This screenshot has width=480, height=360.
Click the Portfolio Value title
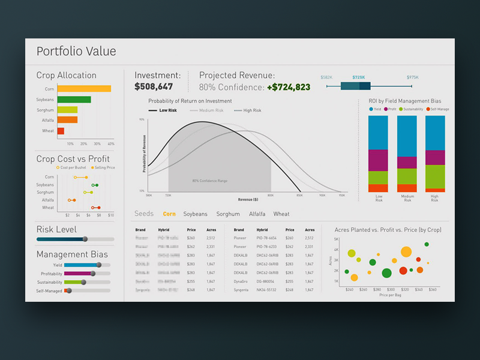coord(76,52)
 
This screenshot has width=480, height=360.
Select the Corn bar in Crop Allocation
coord(84,89)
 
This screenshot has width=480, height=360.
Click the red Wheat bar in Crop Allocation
coord(61,131)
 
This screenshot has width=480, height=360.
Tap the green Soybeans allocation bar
coord(74,100)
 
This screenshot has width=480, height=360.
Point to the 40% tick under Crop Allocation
coord(111,144)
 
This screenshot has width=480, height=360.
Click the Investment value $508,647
coord(154,87)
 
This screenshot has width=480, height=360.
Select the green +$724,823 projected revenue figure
coord(289,87)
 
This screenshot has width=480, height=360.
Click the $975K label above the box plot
coord(413,77)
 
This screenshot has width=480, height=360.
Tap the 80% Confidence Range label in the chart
coord(209,181)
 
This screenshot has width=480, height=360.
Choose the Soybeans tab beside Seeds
coord(195,214)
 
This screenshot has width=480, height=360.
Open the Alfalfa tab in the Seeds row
coord(257,214)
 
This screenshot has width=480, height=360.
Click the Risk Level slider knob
coord(85,239)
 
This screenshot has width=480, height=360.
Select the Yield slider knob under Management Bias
coord(99,265)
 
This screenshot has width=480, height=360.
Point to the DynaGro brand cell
coord(241,281)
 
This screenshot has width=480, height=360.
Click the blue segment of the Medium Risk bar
coord(407,136)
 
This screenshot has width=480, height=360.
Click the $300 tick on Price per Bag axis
coord(391,289)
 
